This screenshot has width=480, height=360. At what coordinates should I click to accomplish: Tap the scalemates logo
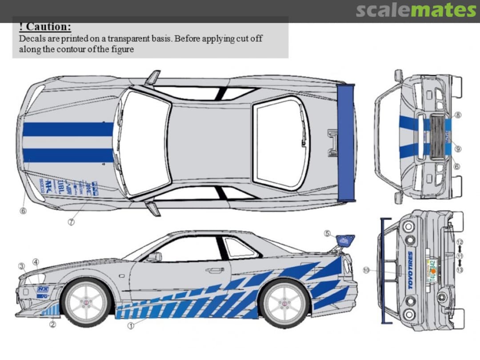[x=416, y=10]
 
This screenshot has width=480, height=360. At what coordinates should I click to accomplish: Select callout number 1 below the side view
[x=131, y=325]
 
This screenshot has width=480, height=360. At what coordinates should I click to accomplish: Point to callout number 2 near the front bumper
[x=52, y=324]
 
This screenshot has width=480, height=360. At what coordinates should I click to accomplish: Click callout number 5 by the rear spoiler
[x=327, y=233]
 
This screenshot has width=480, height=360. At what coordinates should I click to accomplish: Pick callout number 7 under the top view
[x=71, y=222]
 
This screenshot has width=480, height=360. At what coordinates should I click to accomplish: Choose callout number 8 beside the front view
[x=458, y=115]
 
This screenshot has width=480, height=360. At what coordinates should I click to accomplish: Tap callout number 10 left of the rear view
[x=366, y=270]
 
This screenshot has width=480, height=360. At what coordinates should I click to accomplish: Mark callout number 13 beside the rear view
[x=460, y=270]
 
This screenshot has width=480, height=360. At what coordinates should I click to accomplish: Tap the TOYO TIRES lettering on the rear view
[x=410, y=270]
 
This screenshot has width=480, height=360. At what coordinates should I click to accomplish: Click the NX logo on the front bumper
[x=43, y=289]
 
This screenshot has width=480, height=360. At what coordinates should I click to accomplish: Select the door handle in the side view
[x=215, y=270]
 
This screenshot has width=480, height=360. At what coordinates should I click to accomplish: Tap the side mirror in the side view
[x=154, y=257]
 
